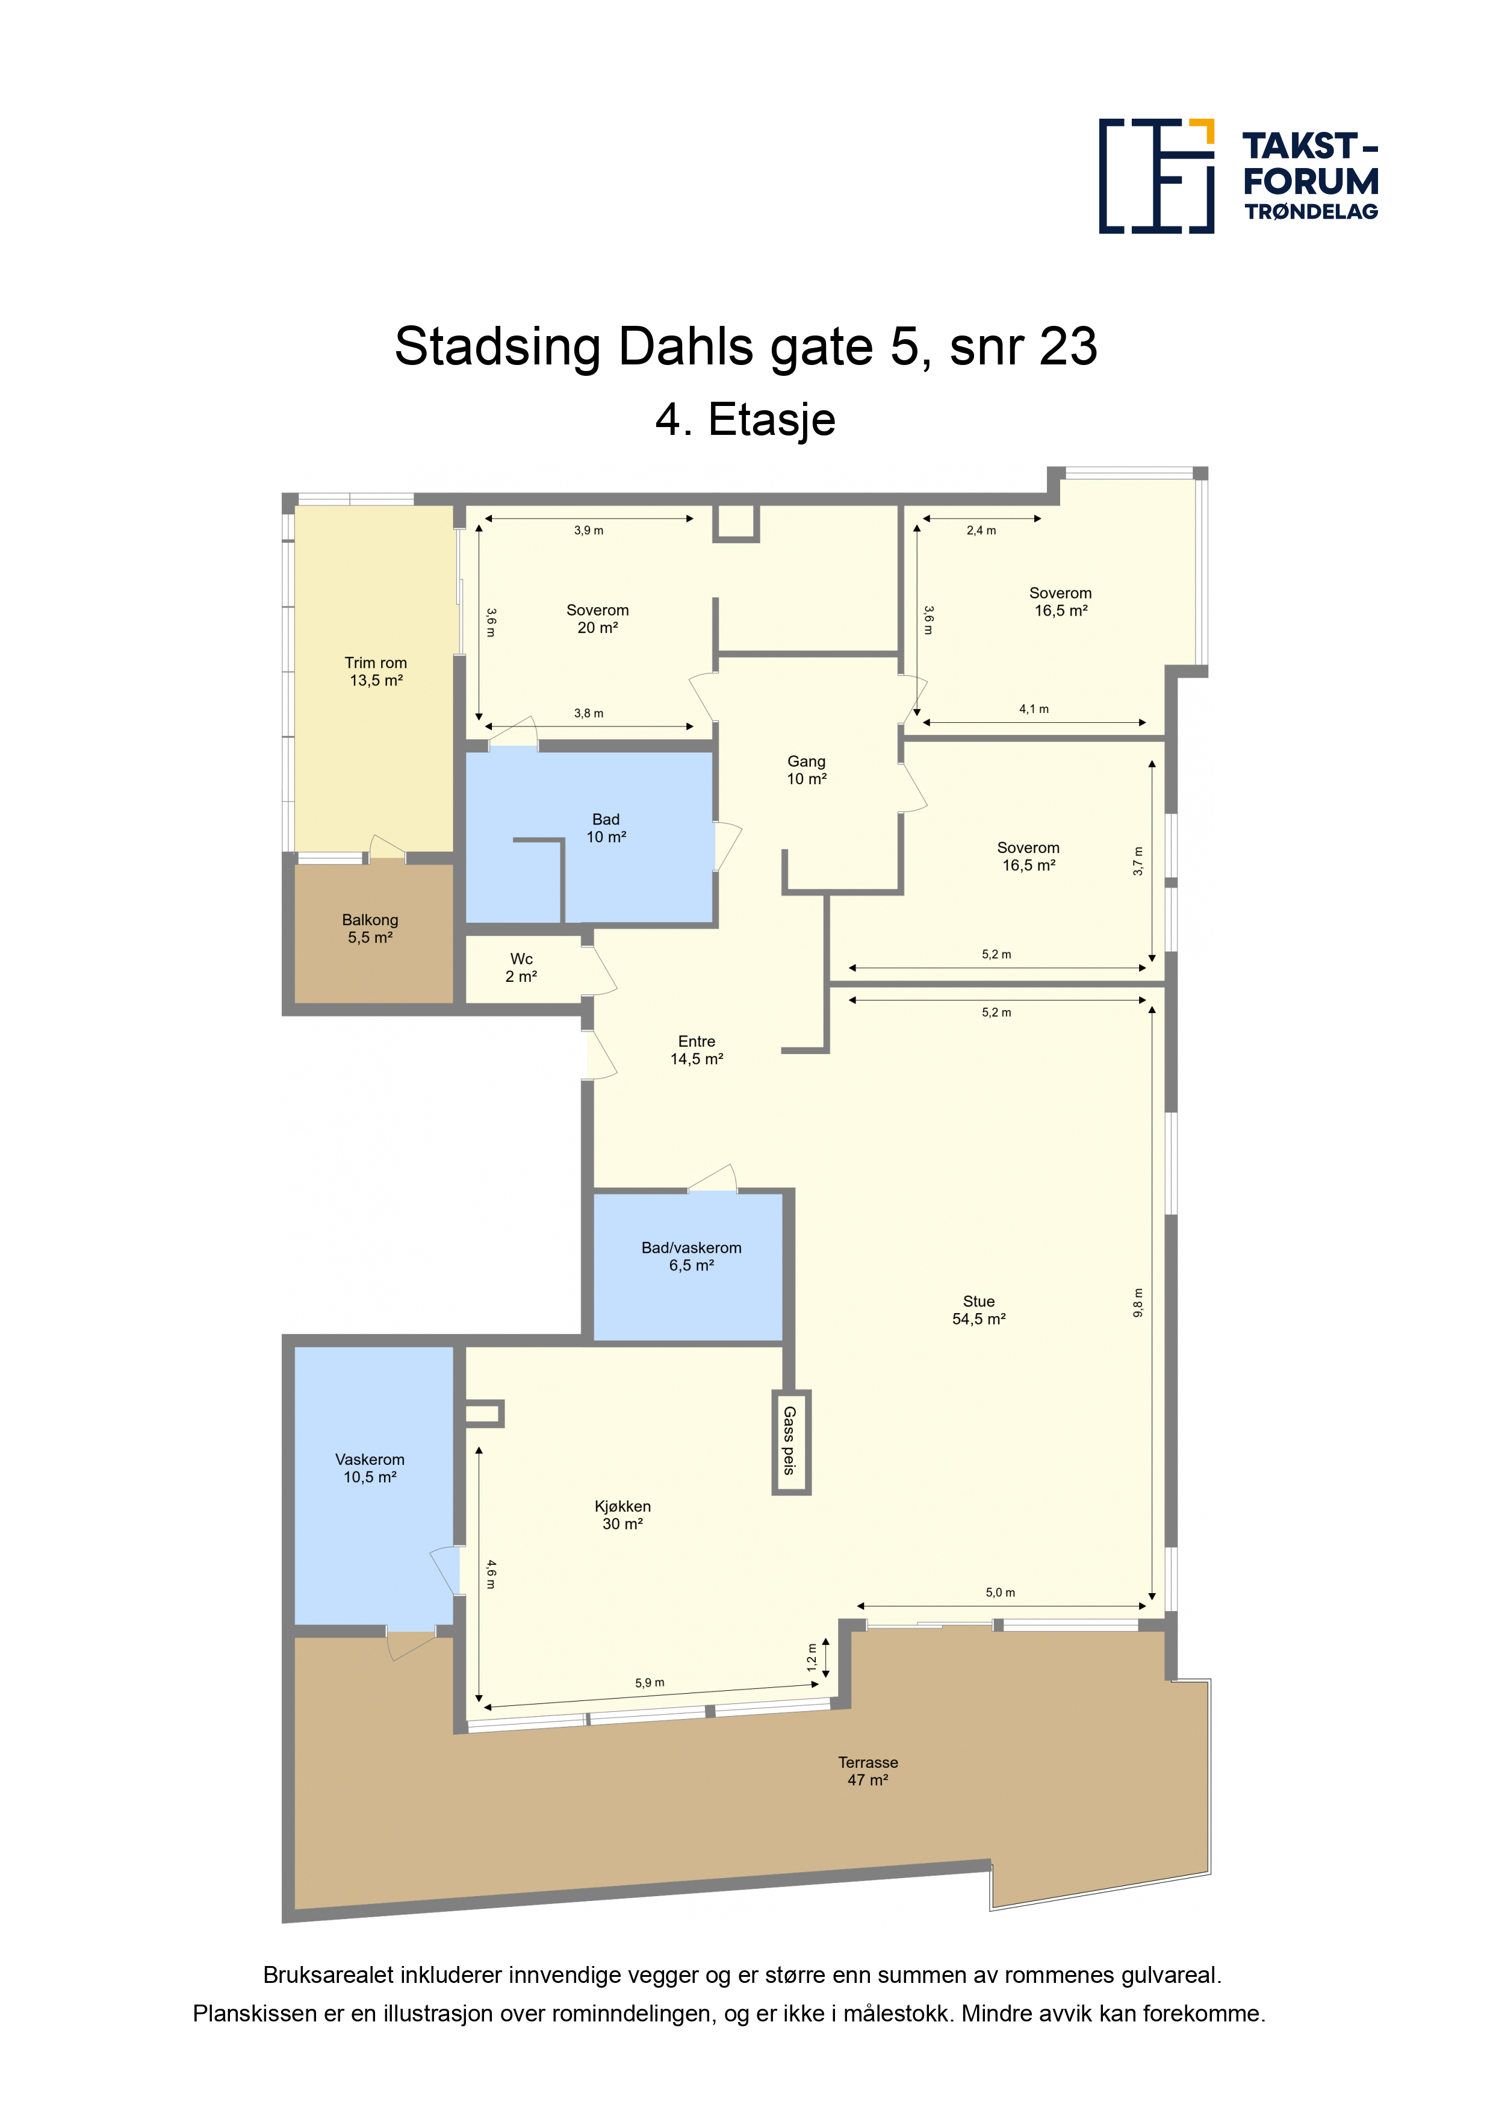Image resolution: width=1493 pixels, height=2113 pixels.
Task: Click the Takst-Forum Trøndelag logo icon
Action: (1156, 176)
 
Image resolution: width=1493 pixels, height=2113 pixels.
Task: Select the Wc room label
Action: (521, 967)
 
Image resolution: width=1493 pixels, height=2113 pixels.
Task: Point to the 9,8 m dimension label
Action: (1137, 1302)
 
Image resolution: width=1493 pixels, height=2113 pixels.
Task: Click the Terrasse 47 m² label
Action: (868, 1771)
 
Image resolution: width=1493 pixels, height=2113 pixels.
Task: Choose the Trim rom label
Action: (375, 671)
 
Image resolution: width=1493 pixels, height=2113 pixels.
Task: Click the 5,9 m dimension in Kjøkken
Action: (650, 1682)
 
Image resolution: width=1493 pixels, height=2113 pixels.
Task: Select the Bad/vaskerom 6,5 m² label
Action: (691, 1256)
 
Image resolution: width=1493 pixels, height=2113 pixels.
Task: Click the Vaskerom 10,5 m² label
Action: (370, 1468)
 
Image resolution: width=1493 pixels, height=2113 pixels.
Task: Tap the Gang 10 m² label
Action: (806, 769)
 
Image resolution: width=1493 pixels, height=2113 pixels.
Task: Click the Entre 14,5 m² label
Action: (697, 1050)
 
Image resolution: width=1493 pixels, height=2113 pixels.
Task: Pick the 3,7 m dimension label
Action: (1138, 861)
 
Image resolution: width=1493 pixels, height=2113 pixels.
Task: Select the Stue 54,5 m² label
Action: (979, 1309)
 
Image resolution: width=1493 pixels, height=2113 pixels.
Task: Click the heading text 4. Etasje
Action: (745, 420)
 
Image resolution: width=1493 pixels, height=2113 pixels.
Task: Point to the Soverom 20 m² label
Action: (597, 619)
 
